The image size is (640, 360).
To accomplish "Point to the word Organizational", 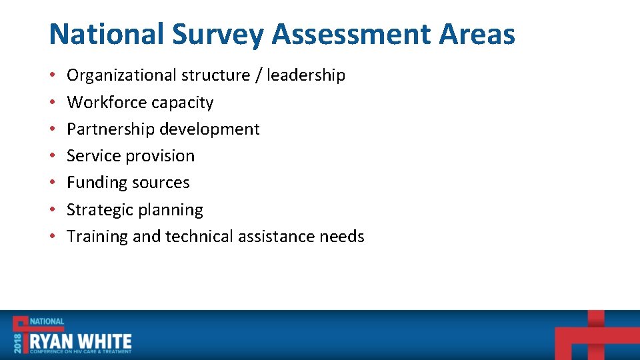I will click(x=121, y=75).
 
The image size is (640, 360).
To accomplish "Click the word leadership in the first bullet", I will click(x=306, y=75).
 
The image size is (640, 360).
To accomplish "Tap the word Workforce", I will click(x=107, y=103).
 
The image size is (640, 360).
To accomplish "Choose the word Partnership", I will click(x=110, y=129).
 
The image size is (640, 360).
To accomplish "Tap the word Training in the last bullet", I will click(x=97, y=237).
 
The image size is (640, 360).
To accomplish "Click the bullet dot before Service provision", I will click(x=53, y=156).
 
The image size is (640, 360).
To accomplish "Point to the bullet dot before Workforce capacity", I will click(x=53, y=103).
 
